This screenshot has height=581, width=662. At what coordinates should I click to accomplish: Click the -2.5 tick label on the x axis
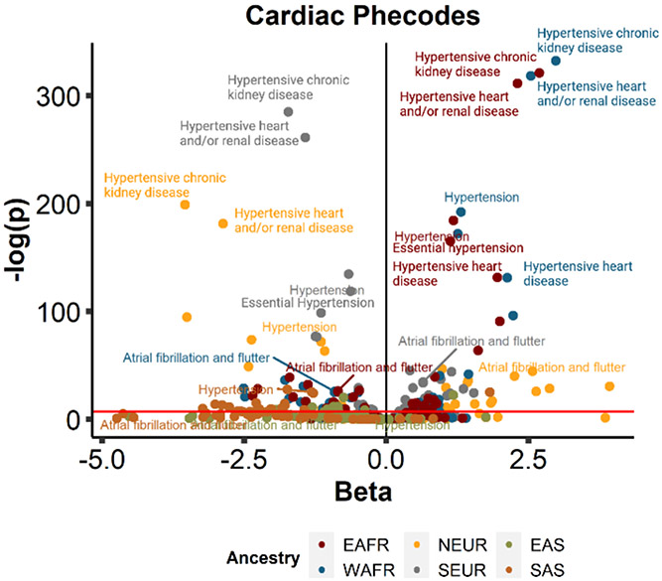click(242, 462)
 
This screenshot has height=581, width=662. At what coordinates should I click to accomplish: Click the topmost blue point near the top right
click(556, 62)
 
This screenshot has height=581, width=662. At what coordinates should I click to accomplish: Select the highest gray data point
click(288, 112)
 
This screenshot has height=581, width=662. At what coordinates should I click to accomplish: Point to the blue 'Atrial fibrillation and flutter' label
click(189, 359)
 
